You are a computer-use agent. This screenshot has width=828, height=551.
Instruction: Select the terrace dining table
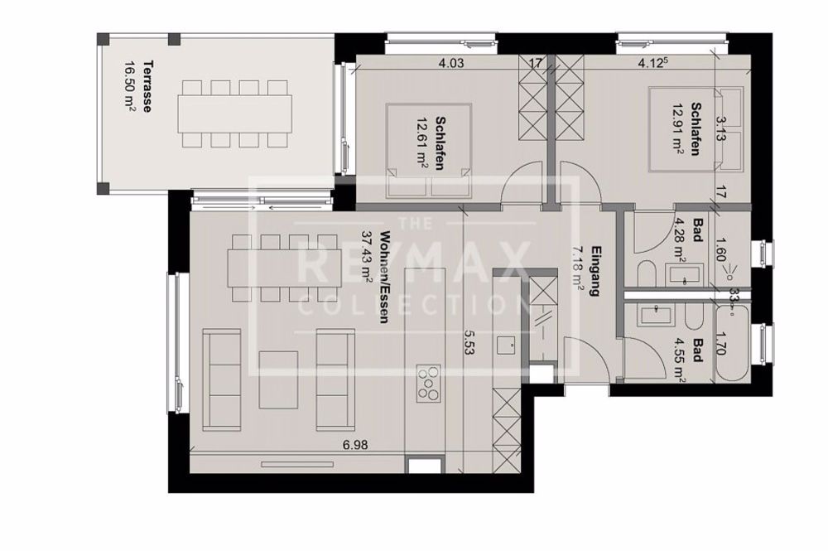tap(235, 113)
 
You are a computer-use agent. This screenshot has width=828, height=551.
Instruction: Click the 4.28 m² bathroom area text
tap(680, 233)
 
